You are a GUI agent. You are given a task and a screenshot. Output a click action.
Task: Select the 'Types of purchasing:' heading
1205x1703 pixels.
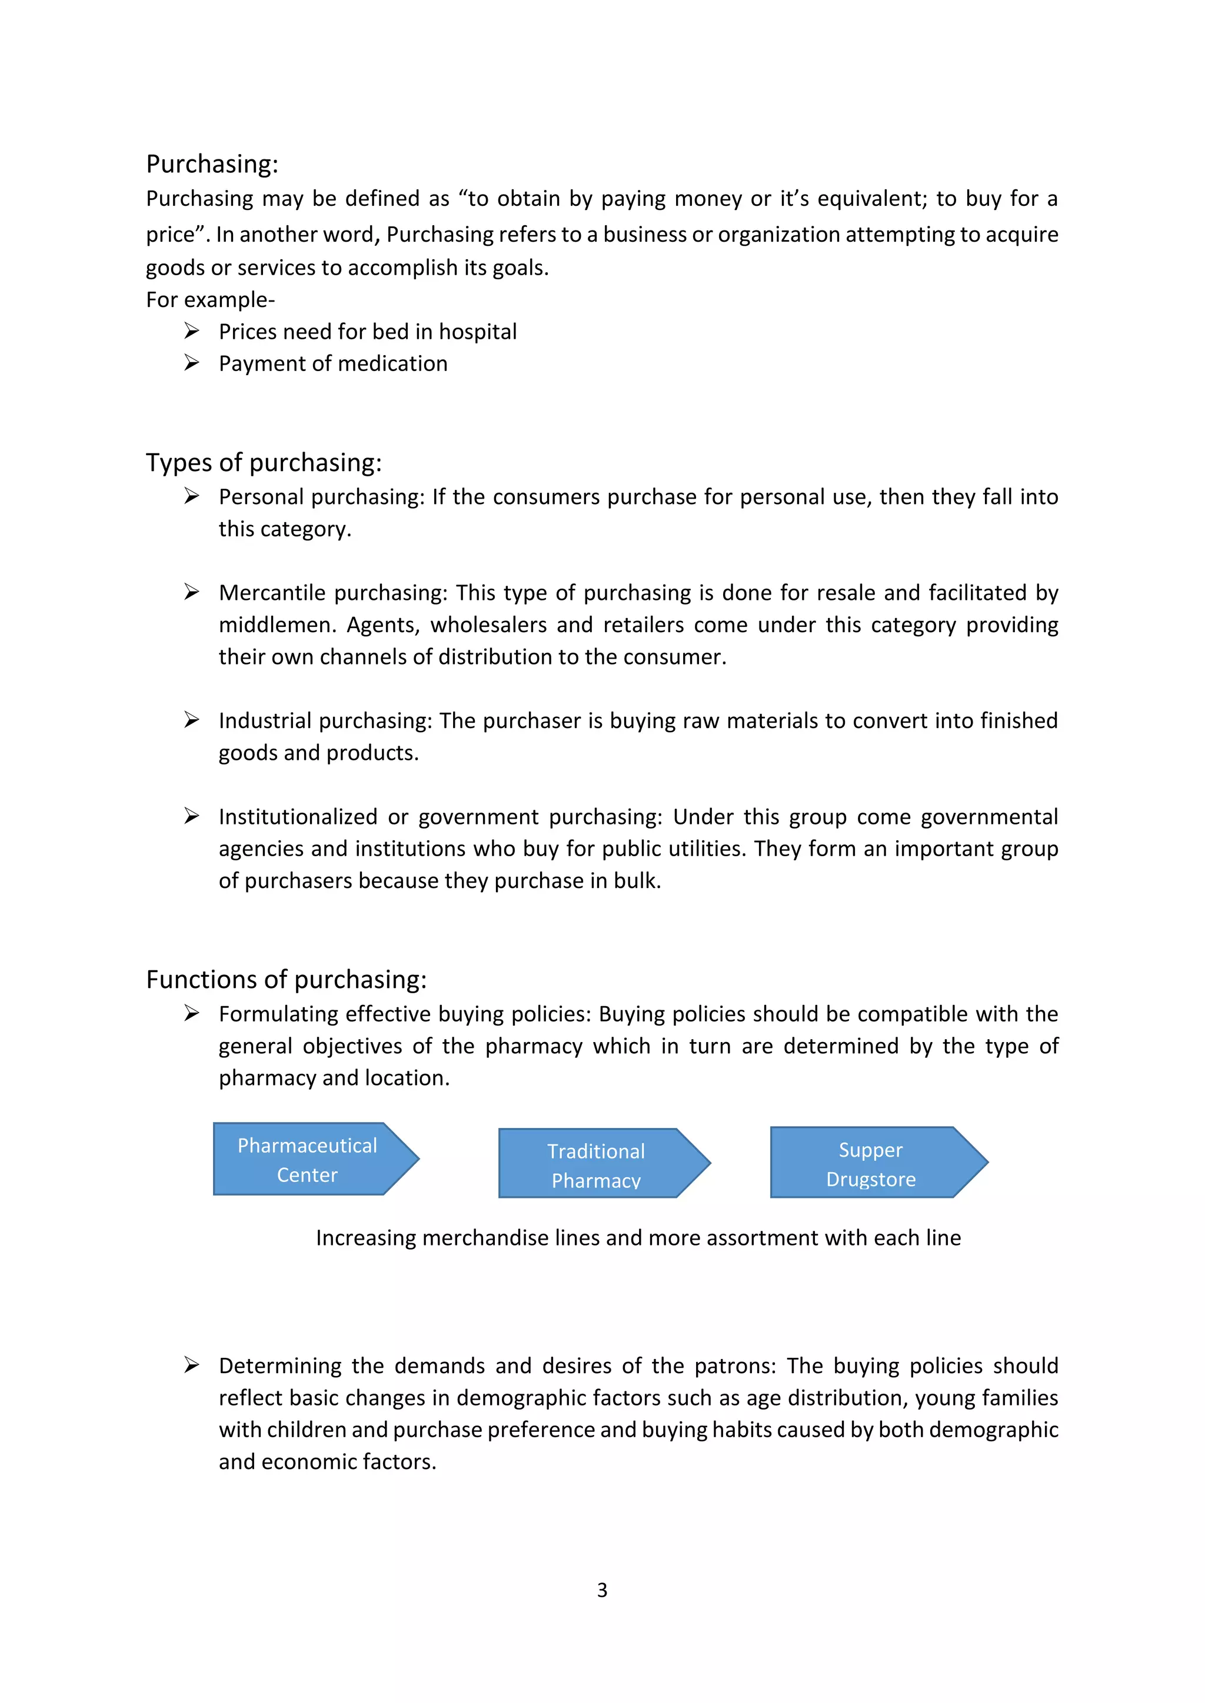point(264,462)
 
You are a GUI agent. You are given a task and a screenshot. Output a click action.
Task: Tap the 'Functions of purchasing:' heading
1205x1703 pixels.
point(286,979)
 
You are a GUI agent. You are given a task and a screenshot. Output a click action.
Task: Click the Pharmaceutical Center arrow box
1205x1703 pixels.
point(308,1159)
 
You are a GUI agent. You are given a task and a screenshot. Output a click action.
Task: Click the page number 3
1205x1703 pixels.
point(602,1590)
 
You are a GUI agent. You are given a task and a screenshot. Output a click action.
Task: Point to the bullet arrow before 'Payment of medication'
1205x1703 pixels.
point(191,363)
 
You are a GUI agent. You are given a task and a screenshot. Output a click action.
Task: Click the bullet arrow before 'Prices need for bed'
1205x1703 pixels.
point(191,331)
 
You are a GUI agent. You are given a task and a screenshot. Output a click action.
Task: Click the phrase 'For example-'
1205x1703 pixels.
point(210,300)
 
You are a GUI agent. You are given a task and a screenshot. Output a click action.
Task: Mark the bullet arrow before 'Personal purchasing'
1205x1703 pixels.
point(191,496)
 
